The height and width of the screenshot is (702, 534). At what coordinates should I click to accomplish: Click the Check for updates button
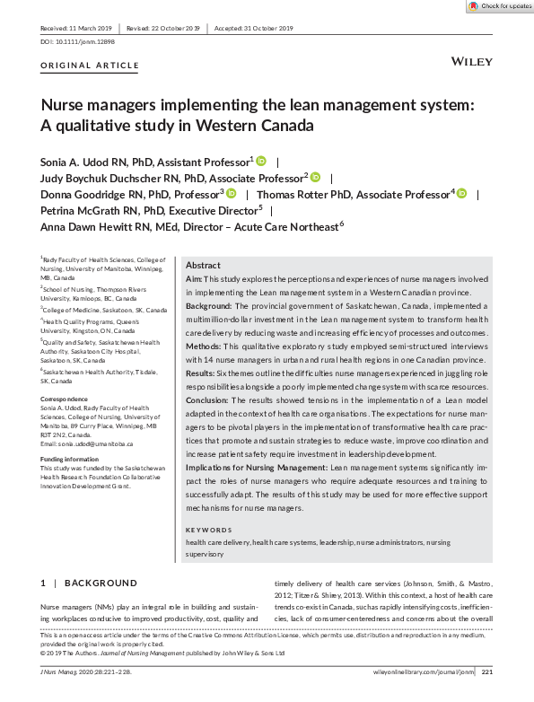pyautogui.click(x=500, y=6)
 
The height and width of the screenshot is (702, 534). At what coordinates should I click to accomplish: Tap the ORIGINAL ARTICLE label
pyautogui.click(x=90, y=66)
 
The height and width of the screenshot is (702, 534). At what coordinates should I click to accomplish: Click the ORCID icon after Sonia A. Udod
pyautogui.click(x=262, y=162)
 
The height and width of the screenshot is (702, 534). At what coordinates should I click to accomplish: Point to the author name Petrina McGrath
pyautogui.click(x=87, y=209)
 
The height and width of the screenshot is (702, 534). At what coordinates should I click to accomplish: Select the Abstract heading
pyautogui.click(x=202, y=266)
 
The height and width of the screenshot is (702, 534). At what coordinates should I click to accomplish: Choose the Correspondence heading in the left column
pyautogui.click(x=65, y=399)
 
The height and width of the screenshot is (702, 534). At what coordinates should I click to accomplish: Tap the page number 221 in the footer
pyautogui.click(x=486, y=671)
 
